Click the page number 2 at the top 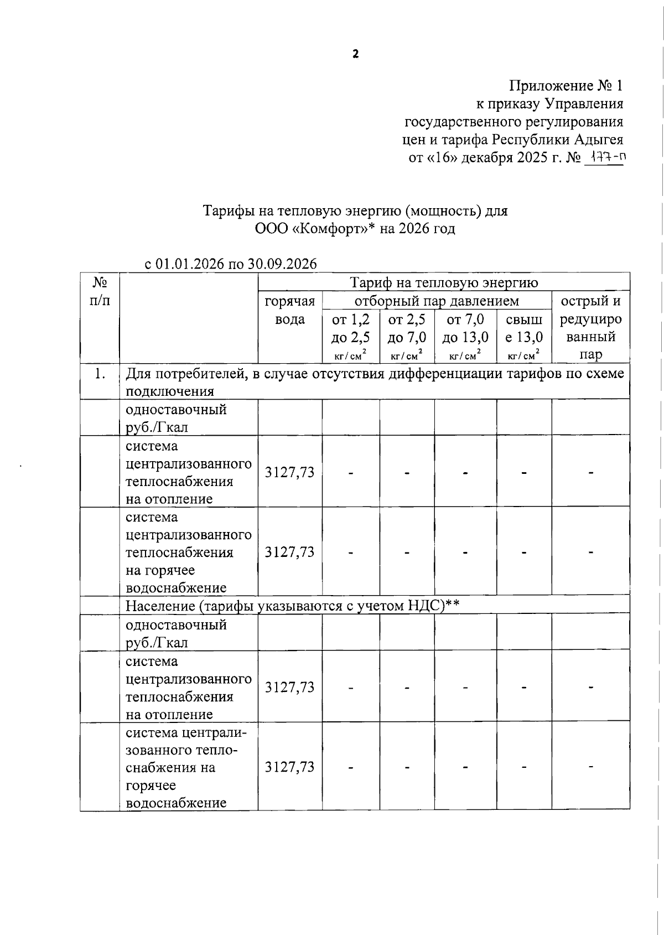pyautogui.click(x=356, y=54)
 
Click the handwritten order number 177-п pyautogui.click(x=605, y=158)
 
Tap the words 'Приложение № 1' pyautogui.click(x=566, y=86)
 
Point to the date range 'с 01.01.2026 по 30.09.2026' pyautogui.click(x=231, y=264)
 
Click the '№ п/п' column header pyautogui.click(x=100, y=291)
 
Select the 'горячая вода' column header pyautogui.click(x=290, y=310)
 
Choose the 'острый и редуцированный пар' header pyautogui.click(x=590, y=328)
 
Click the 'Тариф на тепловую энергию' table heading pyautogui.click(x=444, y=283)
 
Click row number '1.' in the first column pyautogui.click(x=100, y=374)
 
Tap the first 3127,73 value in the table pyautogui.click(x=290, y=472)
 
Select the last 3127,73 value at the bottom pyautogui.click(x=290, y=767)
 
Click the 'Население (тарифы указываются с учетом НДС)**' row pyautogui.click(x=293, y=606)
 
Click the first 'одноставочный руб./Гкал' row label pyautogui.click(x=176, y=419)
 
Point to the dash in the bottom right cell pyautogui.click(x=590, y=767)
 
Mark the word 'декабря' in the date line pyautogui.click(x=487, y=158)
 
